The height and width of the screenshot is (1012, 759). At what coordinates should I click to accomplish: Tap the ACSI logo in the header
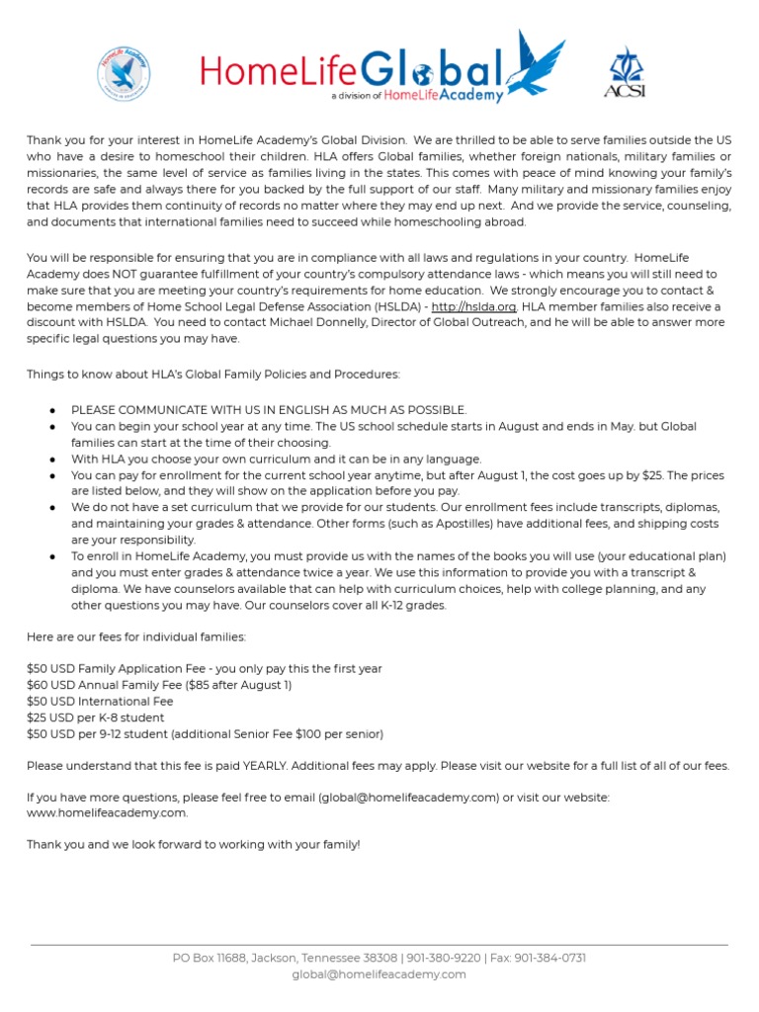624,72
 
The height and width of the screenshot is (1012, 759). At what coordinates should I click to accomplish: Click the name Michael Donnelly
273,323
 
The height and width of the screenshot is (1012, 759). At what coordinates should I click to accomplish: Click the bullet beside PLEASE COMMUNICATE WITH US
50,410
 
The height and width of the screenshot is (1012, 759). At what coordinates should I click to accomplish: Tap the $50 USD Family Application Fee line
204,669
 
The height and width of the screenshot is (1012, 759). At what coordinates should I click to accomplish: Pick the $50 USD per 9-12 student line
205,733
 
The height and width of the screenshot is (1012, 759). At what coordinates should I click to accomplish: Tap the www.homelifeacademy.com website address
107,812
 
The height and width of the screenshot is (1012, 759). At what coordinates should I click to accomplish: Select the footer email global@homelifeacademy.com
379,974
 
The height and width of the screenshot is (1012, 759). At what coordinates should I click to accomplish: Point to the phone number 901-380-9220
444,958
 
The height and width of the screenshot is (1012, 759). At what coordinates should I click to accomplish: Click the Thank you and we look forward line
194,844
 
